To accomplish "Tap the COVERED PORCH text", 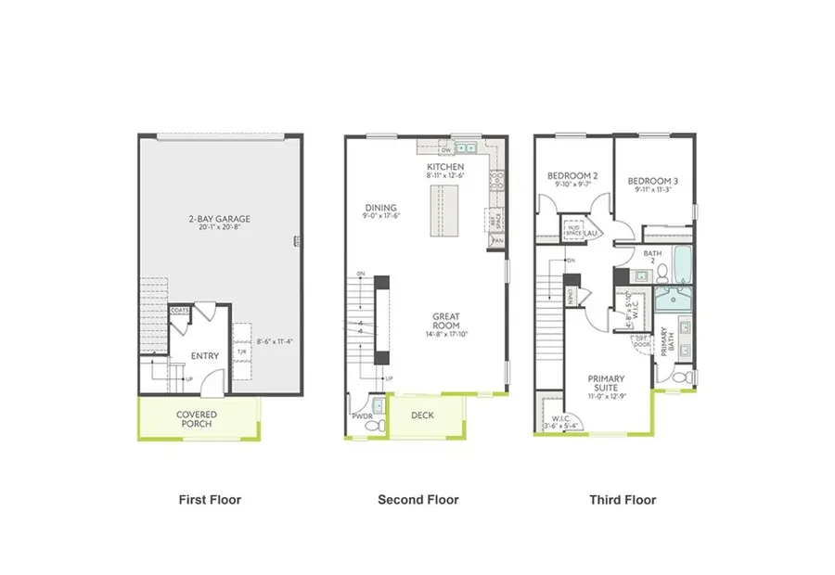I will pos(197,419).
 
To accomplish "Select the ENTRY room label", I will pos(205,356).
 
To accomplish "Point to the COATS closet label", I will pos(180,311).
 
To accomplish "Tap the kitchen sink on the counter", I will pos(464,147).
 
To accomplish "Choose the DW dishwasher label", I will pos(432,148).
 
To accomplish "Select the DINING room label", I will pos(380,208).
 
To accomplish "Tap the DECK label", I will pos(424,415).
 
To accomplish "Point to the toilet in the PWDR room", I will pos(378,406).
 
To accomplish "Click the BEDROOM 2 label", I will pos(572,175).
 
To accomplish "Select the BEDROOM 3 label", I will pos(652,181).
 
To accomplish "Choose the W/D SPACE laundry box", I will pos(574,229).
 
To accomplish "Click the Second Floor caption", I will pos(417,500).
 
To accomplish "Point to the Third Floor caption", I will pos(623,500).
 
